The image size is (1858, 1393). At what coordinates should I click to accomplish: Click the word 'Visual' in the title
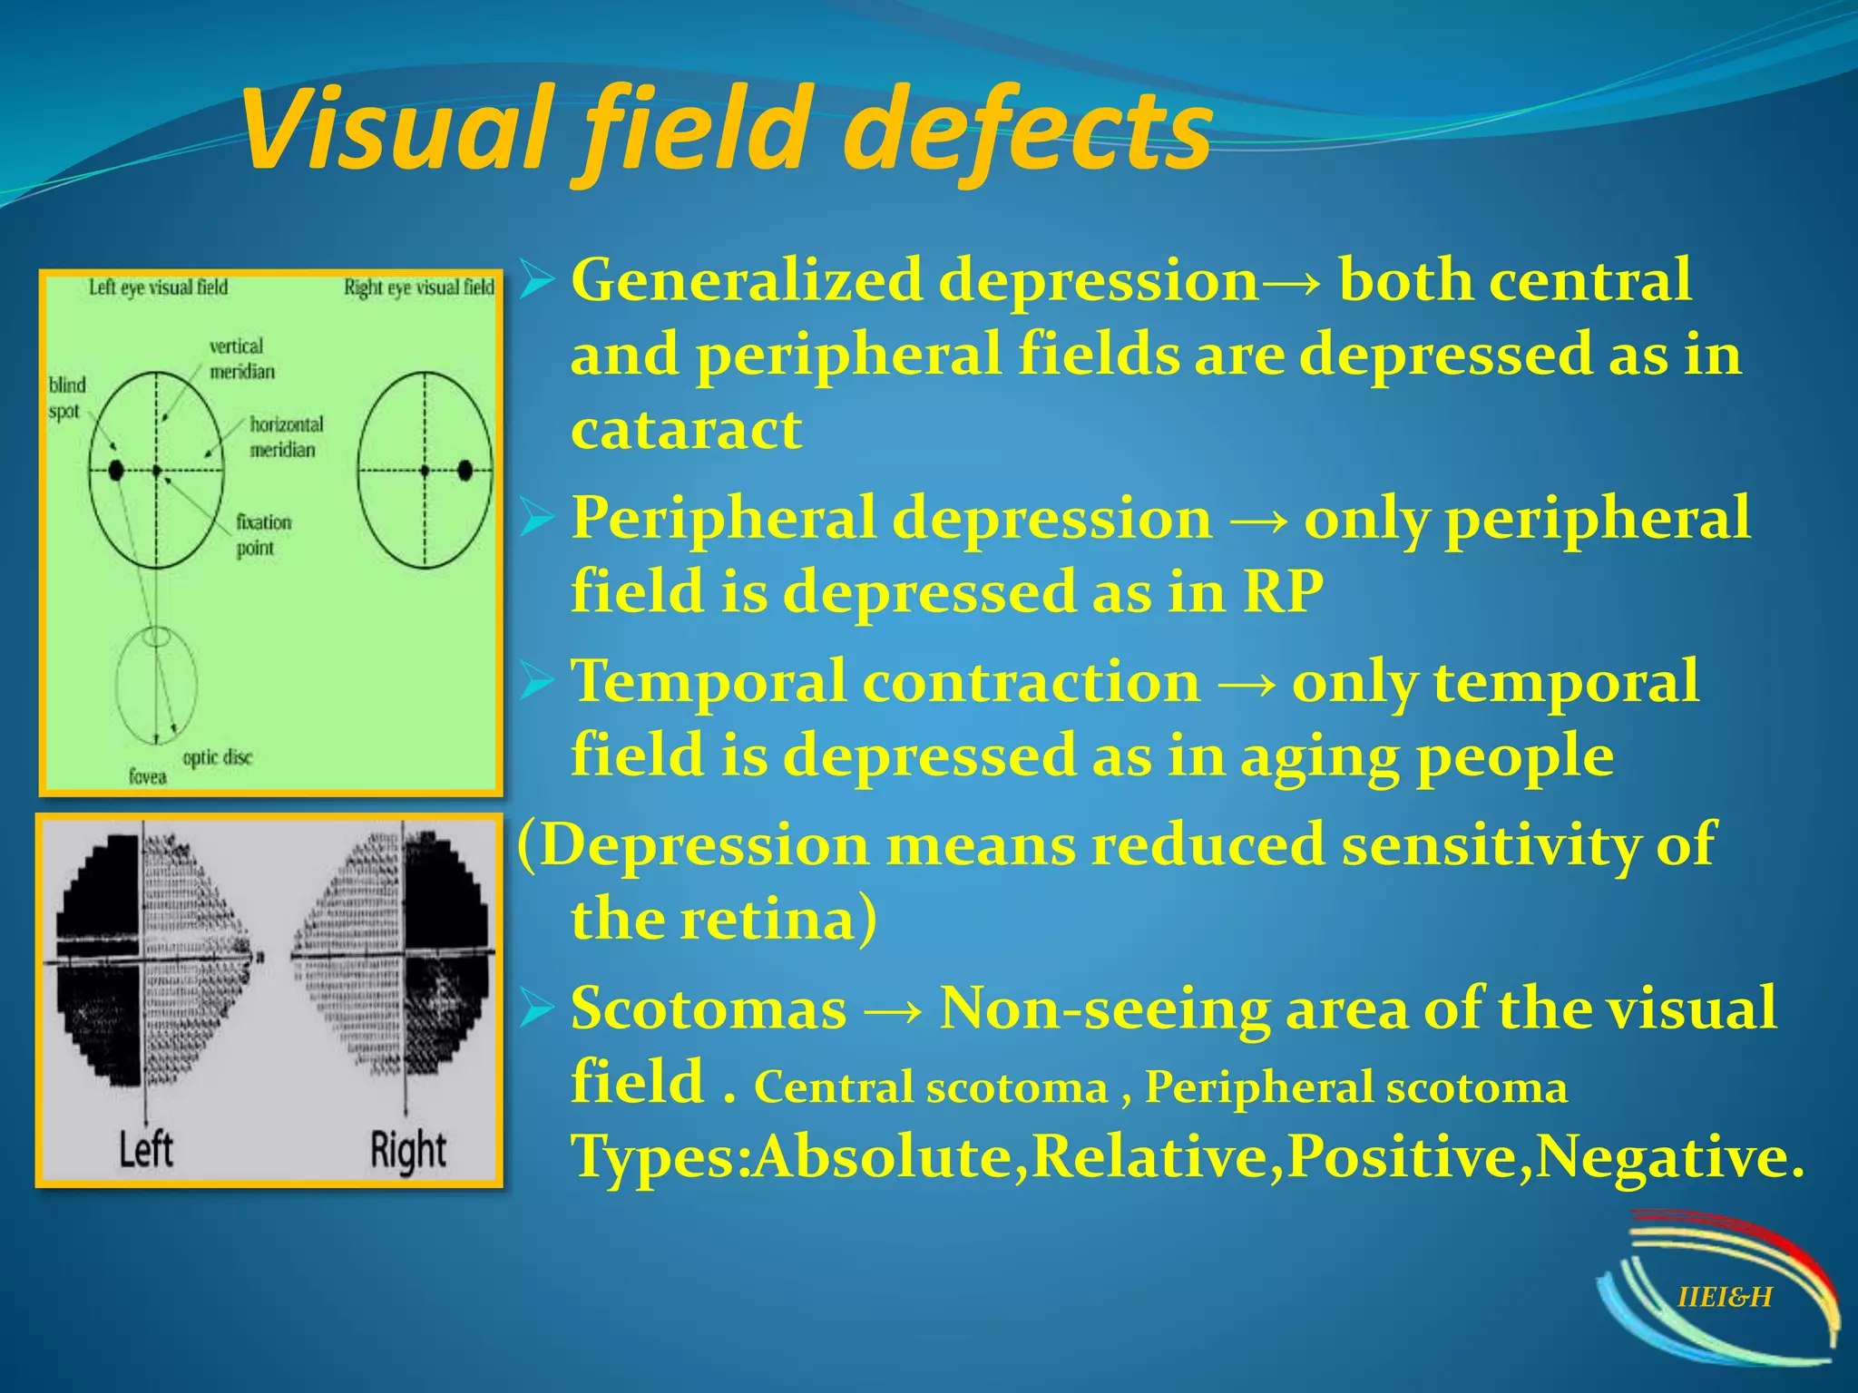[x=395, y=129]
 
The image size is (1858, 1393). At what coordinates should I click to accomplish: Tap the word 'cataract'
[x=686, y=430]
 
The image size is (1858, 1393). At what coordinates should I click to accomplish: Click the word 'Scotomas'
[x=709, y=1008]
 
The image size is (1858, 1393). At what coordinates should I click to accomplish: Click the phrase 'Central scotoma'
[x=930, y=1087]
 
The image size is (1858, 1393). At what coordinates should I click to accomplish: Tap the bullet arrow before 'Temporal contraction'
[x=536, y=682]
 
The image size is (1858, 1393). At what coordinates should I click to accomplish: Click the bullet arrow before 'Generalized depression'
[x=536, y=282]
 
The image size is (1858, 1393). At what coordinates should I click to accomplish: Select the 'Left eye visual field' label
[x=158, y=288]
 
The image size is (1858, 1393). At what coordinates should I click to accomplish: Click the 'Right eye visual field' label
[x=418, y=288]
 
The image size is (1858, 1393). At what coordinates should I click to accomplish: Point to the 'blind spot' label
[x=66, y=398]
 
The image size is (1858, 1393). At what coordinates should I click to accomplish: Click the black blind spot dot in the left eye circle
[x=116, y=471]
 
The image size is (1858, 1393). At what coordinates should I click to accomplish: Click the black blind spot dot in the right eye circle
[x=465, y=471]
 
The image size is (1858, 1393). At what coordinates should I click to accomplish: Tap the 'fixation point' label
[x=263, y=535]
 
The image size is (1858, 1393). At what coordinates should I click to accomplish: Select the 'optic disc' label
[x=217, y=757]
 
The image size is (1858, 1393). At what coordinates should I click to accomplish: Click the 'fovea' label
[x=147, y=777]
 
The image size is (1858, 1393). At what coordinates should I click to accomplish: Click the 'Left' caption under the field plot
[x=145, y=1150]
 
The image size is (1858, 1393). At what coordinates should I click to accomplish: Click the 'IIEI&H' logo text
[x=1725, y=1298]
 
